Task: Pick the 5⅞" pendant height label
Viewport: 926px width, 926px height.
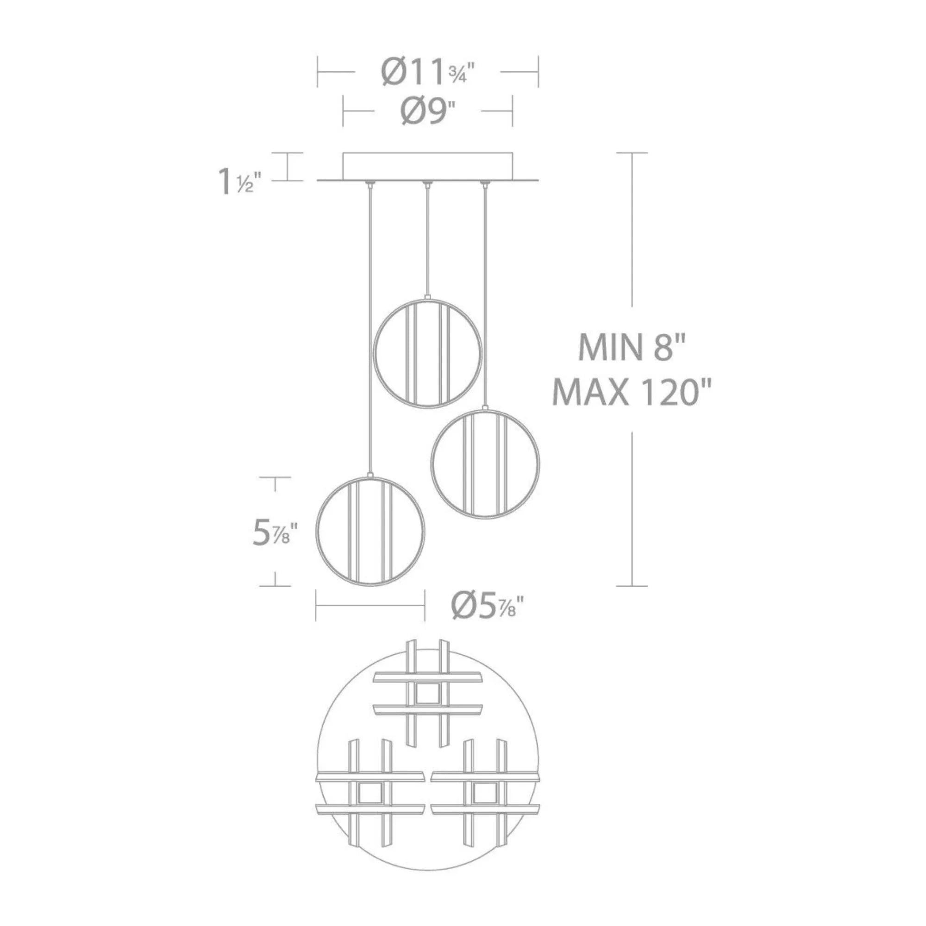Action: (275, 534)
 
